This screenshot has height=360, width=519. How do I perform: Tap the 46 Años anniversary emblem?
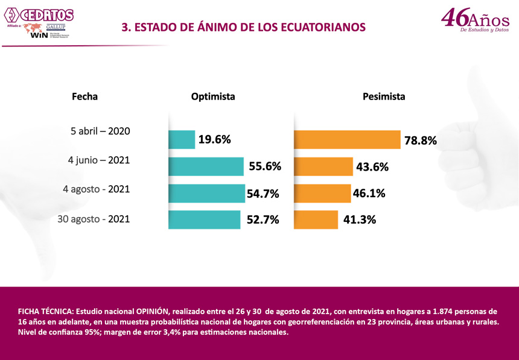(x=475, y=20)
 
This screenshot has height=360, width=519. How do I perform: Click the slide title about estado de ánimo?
(x=243, y=27)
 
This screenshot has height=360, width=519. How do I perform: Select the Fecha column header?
(x=84, y=96)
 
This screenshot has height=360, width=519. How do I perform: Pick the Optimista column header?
(x=213, y=96)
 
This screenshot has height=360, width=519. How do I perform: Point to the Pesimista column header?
(x=384, y=96)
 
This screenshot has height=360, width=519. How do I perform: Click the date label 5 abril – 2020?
(x=100, y=131)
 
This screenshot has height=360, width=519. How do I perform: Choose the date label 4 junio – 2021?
(x=99, y=160)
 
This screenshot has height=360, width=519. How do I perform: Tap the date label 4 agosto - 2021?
(x=96, y=189)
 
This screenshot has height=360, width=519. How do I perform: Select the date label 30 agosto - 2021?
(x=94, y=219)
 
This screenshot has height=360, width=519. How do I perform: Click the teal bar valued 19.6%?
(x=182, y=139)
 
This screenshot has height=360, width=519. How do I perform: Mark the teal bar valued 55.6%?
(x=206, y=166)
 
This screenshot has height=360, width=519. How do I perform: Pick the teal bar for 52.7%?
(x=205, y=219)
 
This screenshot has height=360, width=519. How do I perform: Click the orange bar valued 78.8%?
(x=347, y=139)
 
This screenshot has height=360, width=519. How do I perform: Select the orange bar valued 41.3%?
(x=316, y=219)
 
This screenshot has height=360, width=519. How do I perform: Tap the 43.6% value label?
(x=372, y=167)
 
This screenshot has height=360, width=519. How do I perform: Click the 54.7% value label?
(x=263, y=194)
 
